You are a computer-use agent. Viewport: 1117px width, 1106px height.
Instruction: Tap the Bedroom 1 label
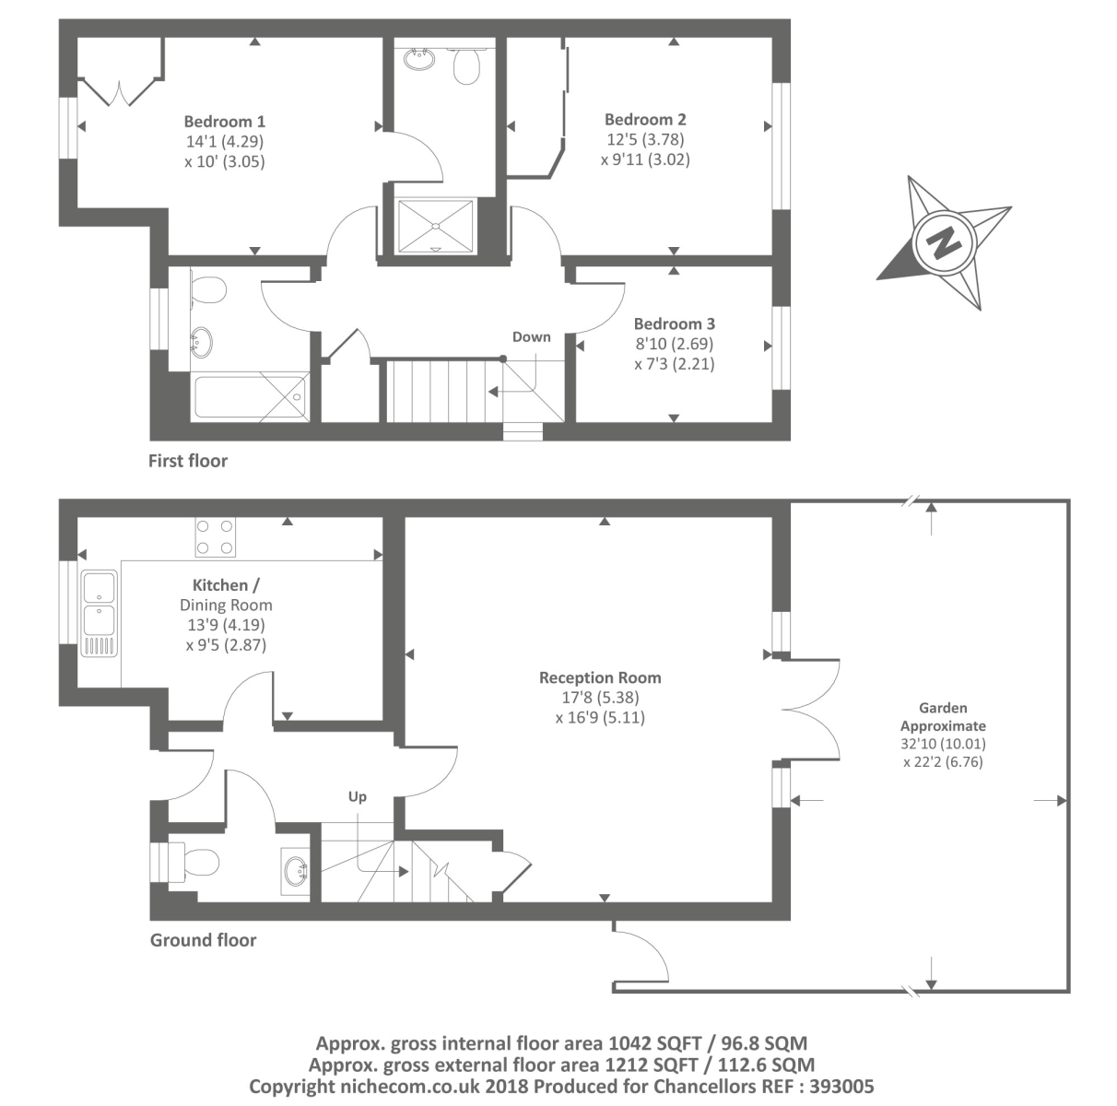click(x=224, y=122)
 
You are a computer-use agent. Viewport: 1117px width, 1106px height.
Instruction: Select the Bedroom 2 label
click(x=645, y=120)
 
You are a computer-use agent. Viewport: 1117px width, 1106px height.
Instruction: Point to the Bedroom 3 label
click(x=674, y=324)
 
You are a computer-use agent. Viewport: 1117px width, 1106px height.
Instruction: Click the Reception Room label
click(x=600, y=677)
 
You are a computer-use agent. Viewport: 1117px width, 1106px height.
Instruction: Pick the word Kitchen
click(x=220, y=584)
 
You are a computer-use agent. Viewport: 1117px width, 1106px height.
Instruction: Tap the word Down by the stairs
click(x=532, y=337)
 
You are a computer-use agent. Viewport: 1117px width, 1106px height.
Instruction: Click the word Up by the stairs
click(x=357, y=797)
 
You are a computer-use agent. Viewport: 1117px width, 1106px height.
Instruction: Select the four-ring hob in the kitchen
click(x=215, y=537)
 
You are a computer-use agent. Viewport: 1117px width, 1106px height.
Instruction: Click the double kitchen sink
click(x=100, y=613)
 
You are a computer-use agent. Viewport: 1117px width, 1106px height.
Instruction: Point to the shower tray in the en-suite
click(x=435, y=227)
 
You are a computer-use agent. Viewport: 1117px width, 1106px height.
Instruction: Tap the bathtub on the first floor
click(x=250, y=397)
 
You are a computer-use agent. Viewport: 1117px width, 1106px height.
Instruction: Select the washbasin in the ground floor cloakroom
click(x=296, y=871)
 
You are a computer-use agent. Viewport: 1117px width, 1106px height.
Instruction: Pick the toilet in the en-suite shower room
click(x=465, y=65)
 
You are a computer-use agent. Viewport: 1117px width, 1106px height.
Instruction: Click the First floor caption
click(x=188, y=461)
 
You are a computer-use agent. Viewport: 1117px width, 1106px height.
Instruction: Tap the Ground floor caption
click(x=203, y=940)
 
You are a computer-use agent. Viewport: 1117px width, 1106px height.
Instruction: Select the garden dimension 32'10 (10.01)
click(x=943, y=744)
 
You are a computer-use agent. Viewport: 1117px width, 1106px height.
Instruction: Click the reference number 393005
click(x=841, y=1087)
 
